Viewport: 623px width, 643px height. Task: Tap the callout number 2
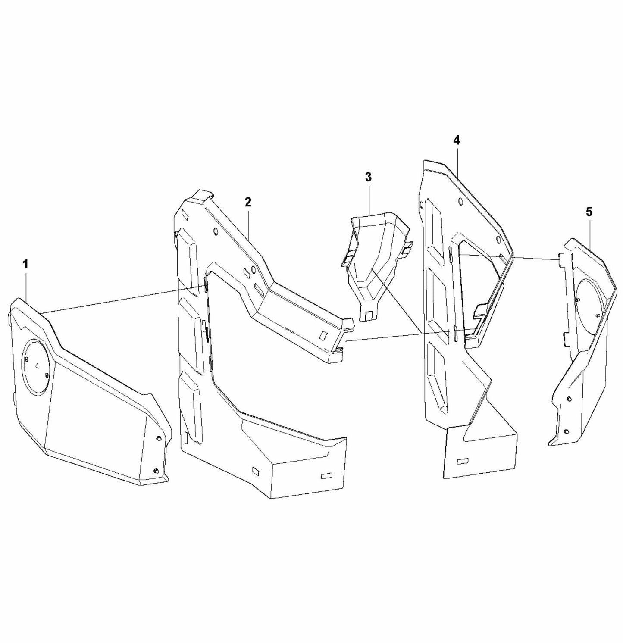[247, 202]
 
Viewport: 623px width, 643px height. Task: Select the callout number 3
[368, 177]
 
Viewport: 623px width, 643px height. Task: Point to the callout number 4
[457, 140]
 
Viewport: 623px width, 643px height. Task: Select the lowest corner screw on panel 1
[156, 470]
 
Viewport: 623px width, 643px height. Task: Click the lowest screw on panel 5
[567, 431]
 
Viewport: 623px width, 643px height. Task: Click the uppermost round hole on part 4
[460, 201]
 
